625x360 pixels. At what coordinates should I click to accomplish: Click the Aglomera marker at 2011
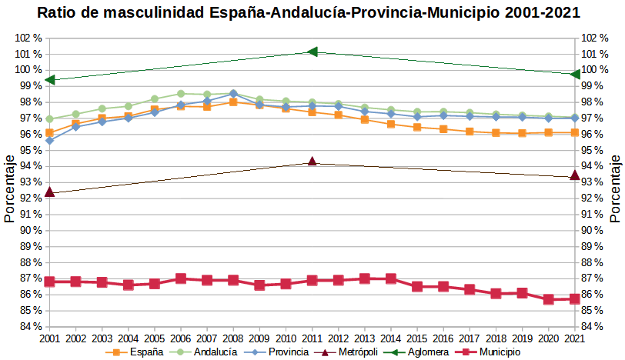[x=312, y=52]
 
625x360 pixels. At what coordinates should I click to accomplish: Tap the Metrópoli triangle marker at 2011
[x=312, y=162]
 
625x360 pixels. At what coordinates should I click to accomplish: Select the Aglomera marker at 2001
[x=49, y=79]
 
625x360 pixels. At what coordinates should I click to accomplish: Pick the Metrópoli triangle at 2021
[x=575, y=175]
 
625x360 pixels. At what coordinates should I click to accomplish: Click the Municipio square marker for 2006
[x=181, y=278]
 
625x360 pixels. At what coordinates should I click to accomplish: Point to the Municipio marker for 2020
[x=549, y=299]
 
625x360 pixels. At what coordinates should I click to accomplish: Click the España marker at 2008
[x=233, y=102]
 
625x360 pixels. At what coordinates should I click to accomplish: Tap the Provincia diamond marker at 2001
[x=49, y=141]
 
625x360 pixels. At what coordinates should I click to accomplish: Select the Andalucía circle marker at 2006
[x=181, y=94]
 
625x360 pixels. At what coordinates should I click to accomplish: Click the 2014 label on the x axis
[x=391, y=338]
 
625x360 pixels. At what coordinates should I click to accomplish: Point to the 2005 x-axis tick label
[x=155, y=338]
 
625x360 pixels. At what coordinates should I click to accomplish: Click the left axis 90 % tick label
[x=27, y=230]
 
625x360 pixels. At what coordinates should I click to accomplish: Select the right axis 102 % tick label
[x=597, y=38]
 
